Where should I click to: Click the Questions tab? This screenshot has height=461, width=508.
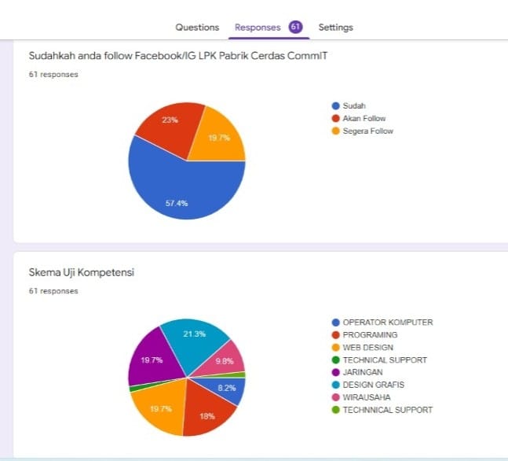point(197,27)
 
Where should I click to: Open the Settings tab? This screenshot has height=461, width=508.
point(335,27)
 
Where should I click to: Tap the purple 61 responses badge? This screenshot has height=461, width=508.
point(295,27)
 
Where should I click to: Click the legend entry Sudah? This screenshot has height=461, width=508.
point(354,105)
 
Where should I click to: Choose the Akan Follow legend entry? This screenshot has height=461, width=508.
point(364,118)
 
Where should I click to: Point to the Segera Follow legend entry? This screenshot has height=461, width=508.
point(367,131)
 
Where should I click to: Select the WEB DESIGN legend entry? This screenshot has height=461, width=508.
point(367,347)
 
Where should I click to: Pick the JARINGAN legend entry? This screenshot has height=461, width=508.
point(363,372)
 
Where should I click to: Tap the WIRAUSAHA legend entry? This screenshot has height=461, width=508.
point(366,397)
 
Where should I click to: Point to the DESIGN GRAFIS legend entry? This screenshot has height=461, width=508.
point(374,385)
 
